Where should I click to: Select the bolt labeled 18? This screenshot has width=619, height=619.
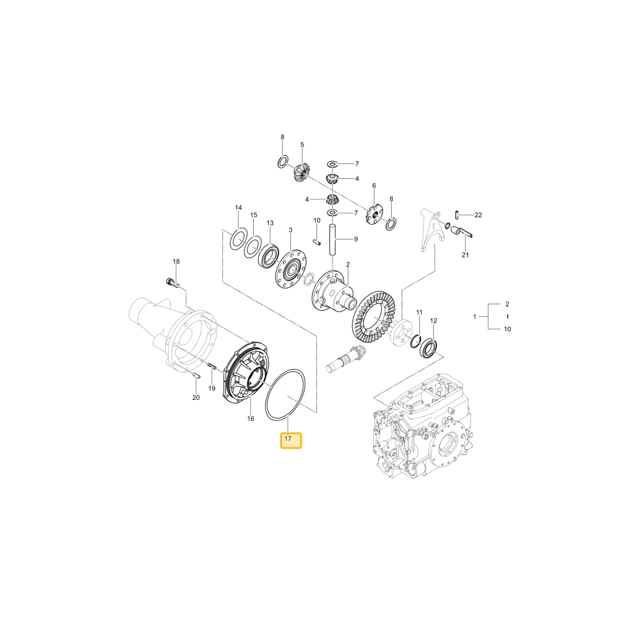point(171,283)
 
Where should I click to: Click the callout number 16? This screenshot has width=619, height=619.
point(251,418)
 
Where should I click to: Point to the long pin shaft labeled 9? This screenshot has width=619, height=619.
point(332,240)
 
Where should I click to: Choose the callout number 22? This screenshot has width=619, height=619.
point(478,215)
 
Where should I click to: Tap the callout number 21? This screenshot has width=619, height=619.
point(465,255)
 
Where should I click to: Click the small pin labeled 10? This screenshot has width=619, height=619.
point(316,242)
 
